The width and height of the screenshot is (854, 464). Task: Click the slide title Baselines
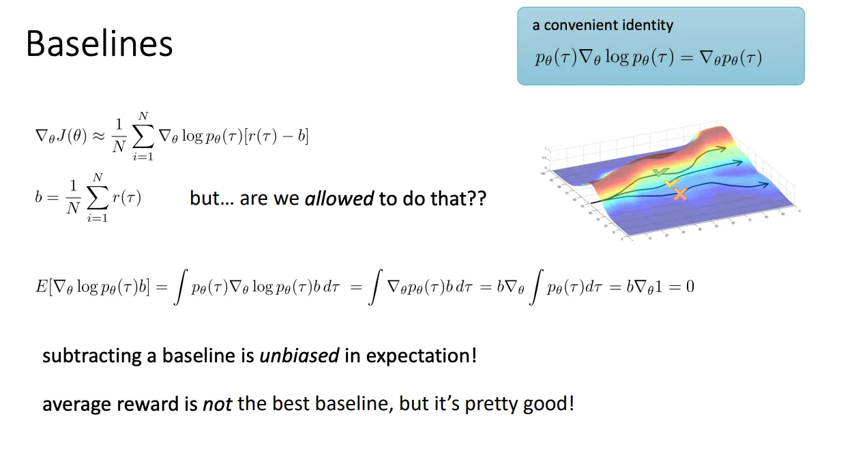(x=99, y=44)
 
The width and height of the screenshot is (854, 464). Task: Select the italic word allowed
(x=339, y=199)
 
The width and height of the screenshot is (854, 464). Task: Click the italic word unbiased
(x=299, y=356)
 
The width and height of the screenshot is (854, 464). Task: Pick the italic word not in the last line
(x=218, y=403)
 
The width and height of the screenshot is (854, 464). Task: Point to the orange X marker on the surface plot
(x=680, y=194)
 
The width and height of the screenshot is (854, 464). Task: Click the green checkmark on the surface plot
(x=658, y=173)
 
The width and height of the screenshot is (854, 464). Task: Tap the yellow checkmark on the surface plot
(x=672, y=183)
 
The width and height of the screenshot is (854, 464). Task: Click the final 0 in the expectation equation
(x=690, y=286)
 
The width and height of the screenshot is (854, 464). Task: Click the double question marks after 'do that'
(x=477, y=199)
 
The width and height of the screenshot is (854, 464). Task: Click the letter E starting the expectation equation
(x=40, y=286)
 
